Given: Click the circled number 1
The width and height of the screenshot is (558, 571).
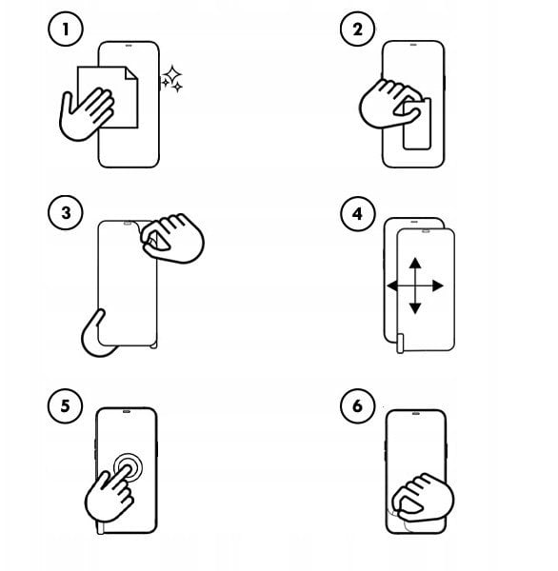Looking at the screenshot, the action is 66,30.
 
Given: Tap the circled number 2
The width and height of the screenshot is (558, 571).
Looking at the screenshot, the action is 357,30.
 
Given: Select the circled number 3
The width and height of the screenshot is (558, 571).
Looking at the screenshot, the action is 66,212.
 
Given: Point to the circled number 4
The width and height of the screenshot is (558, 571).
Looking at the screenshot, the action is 357,213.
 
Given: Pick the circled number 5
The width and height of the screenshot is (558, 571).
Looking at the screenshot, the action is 66,405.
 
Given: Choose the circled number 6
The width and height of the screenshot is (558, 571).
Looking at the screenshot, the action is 357,405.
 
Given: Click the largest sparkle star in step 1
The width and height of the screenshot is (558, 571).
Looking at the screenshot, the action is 172,74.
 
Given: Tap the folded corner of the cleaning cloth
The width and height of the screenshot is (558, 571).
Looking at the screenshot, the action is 131,73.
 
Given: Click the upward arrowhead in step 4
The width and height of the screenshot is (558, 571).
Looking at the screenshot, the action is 415,264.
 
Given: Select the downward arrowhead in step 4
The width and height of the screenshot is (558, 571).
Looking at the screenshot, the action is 415,308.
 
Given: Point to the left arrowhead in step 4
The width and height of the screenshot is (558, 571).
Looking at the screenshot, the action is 392,285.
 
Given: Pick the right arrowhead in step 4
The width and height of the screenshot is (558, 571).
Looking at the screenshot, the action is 438,285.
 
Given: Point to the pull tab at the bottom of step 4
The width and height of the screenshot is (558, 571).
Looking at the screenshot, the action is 400,344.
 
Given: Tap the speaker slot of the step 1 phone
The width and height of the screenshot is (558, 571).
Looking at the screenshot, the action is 129,46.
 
